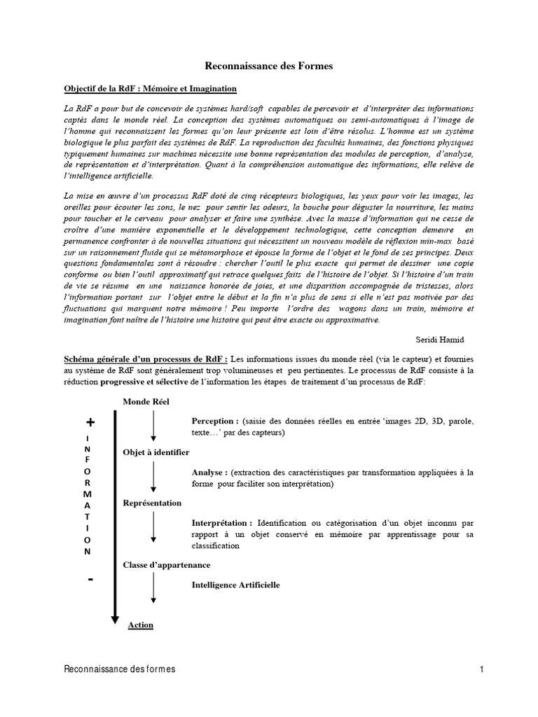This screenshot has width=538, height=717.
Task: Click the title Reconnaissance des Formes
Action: [269, 66]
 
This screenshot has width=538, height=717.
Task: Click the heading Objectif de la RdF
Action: [150, 89]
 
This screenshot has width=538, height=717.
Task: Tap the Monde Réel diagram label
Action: [146, 401]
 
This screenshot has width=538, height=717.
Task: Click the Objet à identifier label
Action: [156, 452]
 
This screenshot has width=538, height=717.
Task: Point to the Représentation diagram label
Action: [152, 503]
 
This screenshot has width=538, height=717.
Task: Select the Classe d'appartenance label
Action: [167, 564]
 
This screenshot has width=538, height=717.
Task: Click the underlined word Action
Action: [141, 625]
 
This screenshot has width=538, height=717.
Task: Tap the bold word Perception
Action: [214, 422]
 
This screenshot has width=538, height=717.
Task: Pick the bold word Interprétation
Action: [222, 522]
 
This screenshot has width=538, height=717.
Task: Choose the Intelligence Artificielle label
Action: [235, 584]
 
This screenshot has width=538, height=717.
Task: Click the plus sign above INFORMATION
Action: [90, 422]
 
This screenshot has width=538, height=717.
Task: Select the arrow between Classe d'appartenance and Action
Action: [153, 590]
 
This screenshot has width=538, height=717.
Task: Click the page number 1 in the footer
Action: [483, 669]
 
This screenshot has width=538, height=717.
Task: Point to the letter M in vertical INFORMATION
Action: [88, 494]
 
